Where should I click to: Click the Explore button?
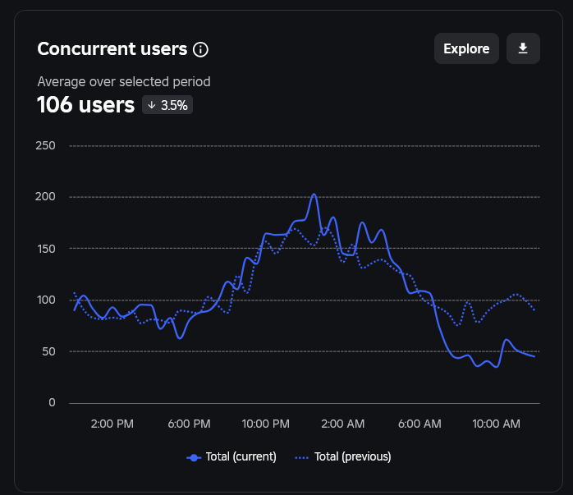click(466, 48)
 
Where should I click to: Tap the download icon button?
click(523, 48)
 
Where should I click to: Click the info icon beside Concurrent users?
click(200, 49)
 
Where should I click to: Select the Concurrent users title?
click(112, 48)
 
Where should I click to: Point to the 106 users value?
click(85, 105)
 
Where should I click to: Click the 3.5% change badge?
click(167, 105)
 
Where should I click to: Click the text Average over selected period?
click(124, 81)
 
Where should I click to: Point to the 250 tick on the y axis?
click(45, 146)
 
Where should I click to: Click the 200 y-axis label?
click(45, 197)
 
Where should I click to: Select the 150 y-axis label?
click(45, 249)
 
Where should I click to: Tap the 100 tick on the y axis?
click(45, 300)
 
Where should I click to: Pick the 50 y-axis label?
click(48, 351)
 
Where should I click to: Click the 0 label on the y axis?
click(52, 403)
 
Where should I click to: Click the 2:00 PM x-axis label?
click(112, 424)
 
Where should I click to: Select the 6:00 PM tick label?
click(190, 424)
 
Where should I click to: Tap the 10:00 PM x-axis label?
click(265, 424)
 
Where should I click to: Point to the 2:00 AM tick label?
click(343, 424)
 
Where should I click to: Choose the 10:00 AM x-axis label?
click(497, 424)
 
